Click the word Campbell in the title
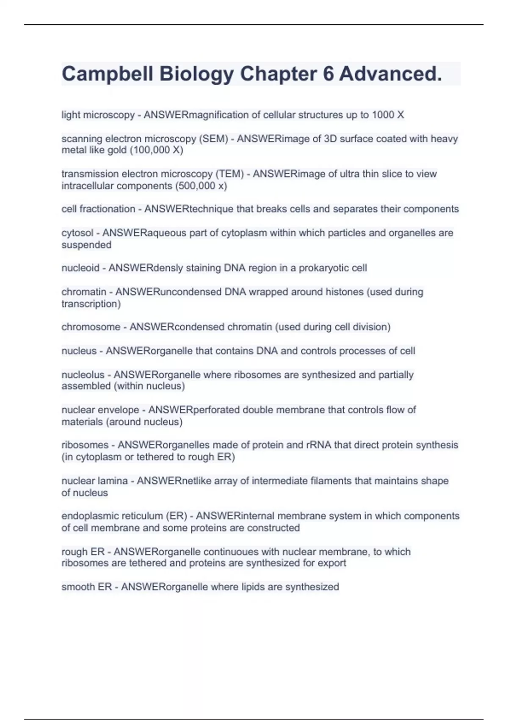107,74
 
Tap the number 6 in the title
328,74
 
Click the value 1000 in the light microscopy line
383,115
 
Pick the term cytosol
77,233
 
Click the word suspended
86,245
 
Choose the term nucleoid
80,268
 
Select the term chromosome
91,327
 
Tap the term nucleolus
83,375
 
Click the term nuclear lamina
94,481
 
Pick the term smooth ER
86,587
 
